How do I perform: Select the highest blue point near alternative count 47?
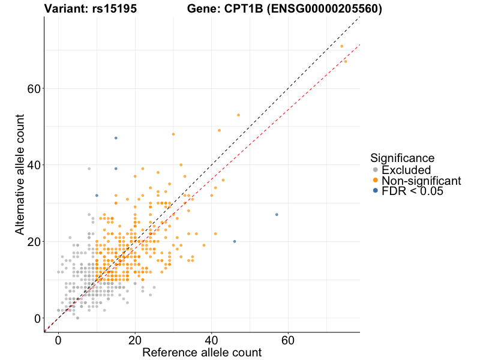tap(116, 138)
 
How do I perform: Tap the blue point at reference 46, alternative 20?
tap(235, 241)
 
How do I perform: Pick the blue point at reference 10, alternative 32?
tap(97, 196)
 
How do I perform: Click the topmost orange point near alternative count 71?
tap(341, 46)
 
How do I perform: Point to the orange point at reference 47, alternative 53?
tap(238, 115)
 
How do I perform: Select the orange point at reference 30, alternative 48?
tap(173, 134)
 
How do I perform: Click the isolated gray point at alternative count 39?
tap(89, 169)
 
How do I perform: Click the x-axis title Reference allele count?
tap(202, 352)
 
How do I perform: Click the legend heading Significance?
tap(402, 158)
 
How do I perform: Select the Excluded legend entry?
tap(406, 170)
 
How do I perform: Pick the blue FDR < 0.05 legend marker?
tap(376, 191)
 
